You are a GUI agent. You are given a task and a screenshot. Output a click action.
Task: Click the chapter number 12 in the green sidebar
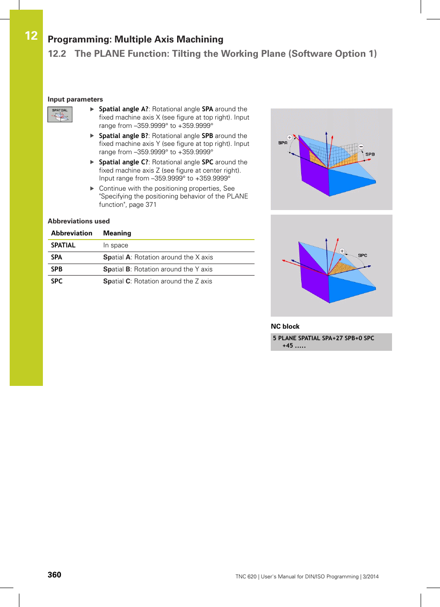[31, 36]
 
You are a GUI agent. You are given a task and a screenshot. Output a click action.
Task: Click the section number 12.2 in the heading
[57, 54]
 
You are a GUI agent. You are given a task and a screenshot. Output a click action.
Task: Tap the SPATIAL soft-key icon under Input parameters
[60, 114]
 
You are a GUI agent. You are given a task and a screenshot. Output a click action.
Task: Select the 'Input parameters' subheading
[75, 99]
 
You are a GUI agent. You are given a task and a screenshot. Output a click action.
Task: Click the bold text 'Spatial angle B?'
[123, 136]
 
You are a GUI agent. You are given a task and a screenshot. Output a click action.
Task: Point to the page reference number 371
[151, 204]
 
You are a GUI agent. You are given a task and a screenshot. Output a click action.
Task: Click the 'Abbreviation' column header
[71, 233]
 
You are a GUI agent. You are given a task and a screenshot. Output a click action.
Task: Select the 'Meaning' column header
[117, 233]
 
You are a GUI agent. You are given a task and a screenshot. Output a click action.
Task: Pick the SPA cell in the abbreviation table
[57, 257]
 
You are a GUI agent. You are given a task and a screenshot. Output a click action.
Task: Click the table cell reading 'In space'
[116, 245]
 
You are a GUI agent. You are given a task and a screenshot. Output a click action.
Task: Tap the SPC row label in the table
[57, 281]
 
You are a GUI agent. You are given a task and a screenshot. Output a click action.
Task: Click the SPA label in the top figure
[283, 143]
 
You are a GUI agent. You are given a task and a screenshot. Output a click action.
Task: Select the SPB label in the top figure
[370, 154]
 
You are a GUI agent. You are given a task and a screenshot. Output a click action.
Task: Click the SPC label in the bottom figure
[363, 255]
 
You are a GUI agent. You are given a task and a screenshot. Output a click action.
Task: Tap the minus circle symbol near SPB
[361, 147]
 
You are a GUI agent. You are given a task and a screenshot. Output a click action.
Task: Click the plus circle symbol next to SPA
[290, 138]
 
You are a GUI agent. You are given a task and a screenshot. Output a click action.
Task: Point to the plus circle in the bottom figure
[342, 251]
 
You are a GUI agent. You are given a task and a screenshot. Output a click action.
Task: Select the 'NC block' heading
[285, 326]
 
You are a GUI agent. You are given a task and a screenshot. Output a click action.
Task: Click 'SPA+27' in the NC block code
[332, 338]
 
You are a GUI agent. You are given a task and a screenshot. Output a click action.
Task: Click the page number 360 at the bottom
[54, 575]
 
